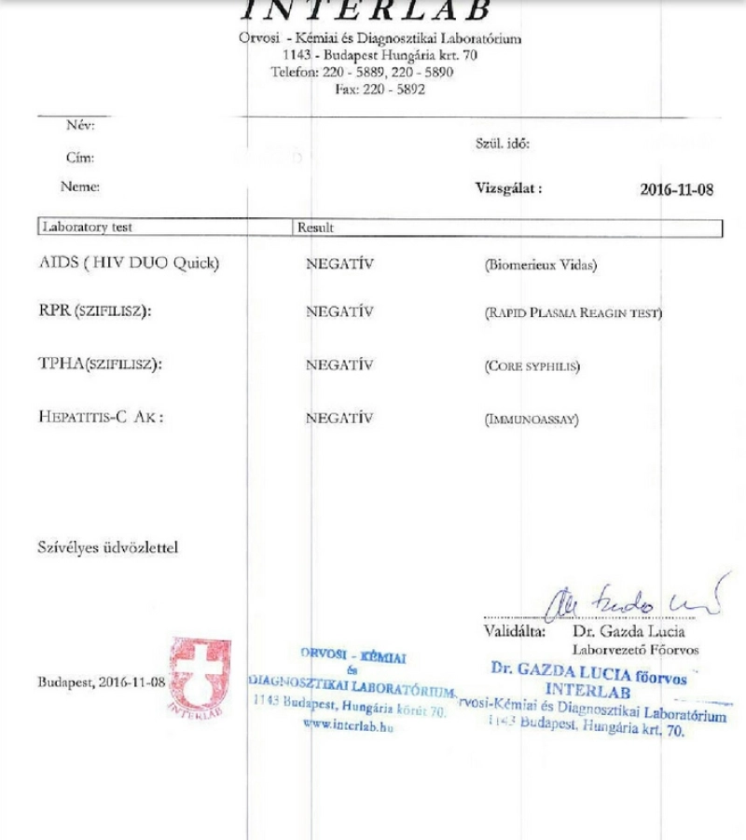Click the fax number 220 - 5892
(381, 90)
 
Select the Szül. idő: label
(503, 144)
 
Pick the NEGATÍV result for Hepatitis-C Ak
(339, 419)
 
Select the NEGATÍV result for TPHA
(339, 365)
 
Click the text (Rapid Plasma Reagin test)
(573, 313)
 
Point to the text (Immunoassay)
(531, 420)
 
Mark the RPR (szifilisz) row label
(89, 312)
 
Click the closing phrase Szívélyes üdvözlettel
(107, 547)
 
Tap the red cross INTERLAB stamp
(200, 677)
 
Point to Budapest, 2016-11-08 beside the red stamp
(101, 682)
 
